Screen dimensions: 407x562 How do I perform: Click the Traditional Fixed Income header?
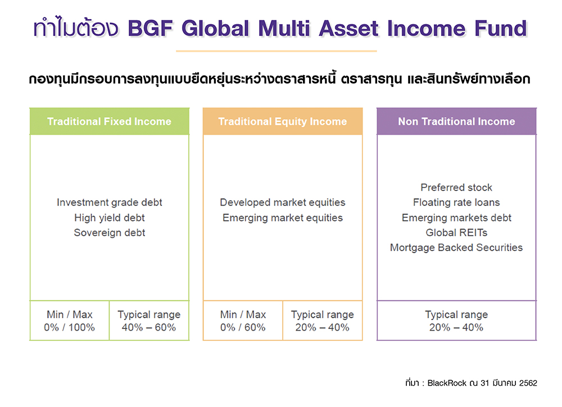coord(109,121)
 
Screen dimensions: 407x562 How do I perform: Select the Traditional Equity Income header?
coord(283,121)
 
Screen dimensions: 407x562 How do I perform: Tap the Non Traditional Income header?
coord(456,121)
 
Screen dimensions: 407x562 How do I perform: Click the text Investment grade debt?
coord(110,202)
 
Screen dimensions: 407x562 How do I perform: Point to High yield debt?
coord(110,217)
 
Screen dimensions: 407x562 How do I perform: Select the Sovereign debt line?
coord(110,232)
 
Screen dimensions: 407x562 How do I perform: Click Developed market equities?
coord(283,202)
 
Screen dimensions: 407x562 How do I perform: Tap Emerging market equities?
coord(283,217)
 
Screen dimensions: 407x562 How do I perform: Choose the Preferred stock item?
coord(456,188)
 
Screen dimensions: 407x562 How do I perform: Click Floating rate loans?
coord(456,202)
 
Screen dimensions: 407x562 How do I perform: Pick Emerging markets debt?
coord(456,217)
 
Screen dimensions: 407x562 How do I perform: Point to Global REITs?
coord(456,232)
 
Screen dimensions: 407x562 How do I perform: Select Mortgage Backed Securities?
coord(456,247)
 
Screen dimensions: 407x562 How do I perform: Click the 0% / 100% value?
coord(69,327)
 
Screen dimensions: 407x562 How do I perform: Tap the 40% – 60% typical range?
coord(149,327)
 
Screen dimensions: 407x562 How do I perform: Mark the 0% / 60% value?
coord(243,327)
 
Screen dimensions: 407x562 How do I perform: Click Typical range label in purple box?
coord(456,314)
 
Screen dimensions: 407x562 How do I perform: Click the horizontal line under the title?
coord(276,51)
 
